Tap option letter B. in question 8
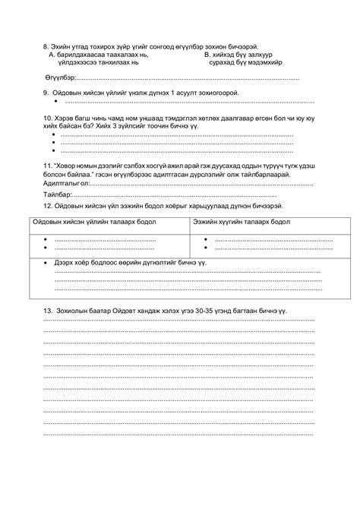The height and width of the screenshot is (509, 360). point(207,55)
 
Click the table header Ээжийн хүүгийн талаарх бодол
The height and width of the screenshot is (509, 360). point(241,223)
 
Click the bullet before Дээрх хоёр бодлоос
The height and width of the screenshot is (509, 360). point(47,261)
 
